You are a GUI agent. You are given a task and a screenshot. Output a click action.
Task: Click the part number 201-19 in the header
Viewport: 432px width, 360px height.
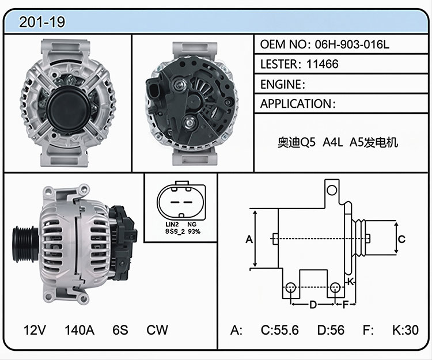(42, 22)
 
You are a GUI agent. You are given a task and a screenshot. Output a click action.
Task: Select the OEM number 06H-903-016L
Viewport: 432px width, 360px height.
(352, 44)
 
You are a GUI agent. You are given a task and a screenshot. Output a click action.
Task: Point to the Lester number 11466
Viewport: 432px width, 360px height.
(323, 64)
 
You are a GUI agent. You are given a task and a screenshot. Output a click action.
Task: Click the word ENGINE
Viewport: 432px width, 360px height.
(281, 84)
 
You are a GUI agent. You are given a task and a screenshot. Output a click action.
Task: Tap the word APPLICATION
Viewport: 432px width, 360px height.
(296, 104)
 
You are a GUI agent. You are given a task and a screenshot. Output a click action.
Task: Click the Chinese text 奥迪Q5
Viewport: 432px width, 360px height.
(297, 142)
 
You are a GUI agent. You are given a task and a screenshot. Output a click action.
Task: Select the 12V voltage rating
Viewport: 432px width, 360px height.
(35, 329)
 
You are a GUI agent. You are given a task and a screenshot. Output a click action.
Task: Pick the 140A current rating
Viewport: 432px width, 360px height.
(79, 329)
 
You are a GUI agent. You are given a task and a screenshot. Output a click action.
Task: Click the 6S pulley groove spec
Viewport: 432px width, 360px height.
(120, 329)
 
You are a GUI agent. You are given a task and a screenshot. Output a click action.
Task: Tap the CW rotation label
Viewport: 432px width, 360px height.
(157, 329)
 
